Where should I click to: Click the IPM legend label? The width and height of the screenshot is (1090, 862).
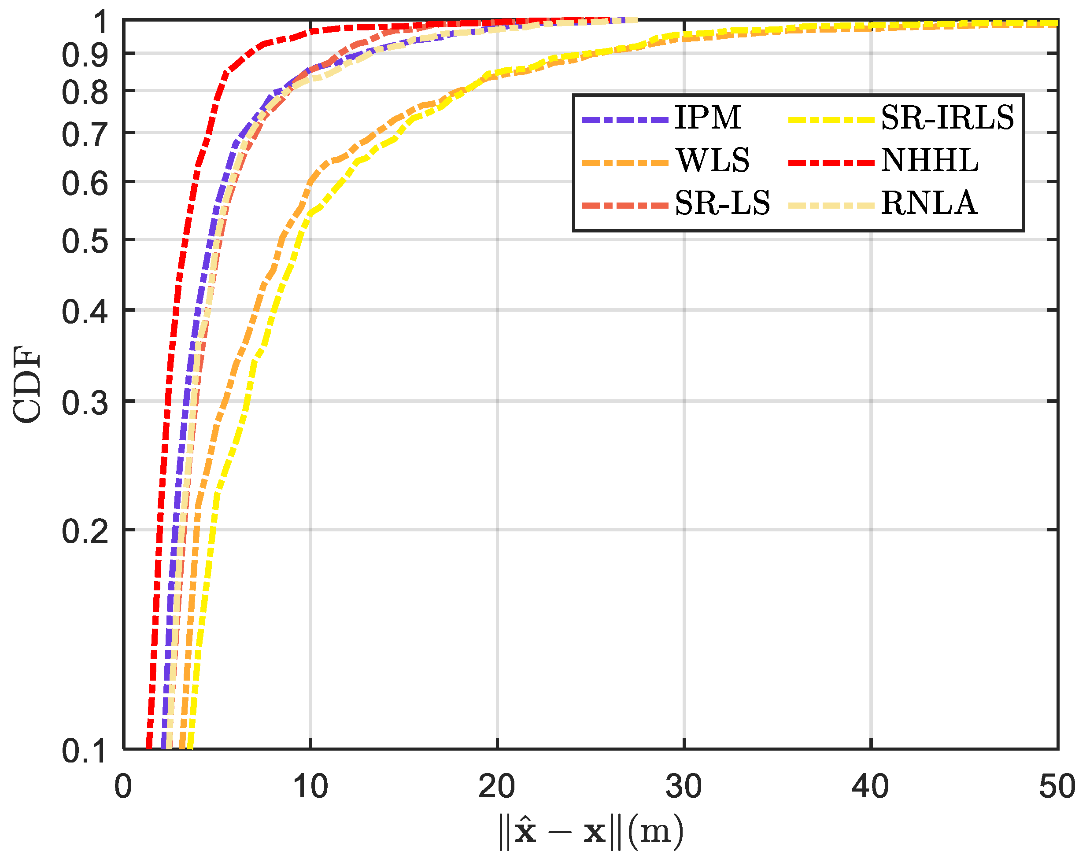(x=707, y=118)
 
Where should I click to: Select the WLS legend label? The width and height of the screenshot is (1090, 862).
(x=713, y=161)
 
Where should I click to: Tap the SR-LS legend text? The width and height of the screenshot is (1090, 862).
(x=722, y=203)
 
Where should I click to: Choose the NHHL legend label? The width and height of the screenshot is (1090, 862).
(x=929, y=161)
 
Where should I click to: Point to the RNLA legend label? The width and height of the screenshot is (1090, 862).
(x=929, y=203)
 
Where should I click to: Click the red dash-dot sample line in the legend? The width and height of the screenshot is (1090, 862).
(x=831, y=162)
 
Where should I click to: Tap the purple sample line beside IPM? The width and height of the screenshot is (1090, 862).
(x=625, y=120)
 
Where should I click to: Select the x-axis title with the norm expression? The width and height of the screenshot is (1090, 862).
(x=591, y=832)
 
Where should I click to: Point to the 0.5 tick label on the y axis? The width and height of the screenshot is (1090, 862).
(x=85, y=241)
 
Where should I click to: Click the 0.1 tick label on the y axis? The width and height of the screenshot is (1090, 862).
(x=85, y=751)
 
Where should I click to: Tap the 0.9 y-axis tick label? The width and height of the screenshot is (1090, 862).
(x=85, y=55)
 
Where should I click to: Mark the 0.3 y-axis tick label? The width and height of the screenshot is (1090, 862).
(x=85, y=403)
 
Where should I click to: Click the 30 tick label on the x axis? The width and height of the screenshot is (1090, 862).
(x=684, y=786)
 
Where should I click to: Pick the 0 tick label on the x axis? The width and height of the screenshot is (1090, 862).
(x=123, y=786)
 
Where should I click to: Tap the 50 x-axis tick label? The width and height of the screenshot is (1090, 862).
(x=1057, y=786)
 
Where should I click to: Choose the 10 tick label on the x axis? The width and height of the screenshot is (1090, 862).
(x=310, y=786)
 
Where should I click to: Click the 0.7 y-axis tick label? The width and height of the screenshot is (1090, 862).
(x=85, y=135)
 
